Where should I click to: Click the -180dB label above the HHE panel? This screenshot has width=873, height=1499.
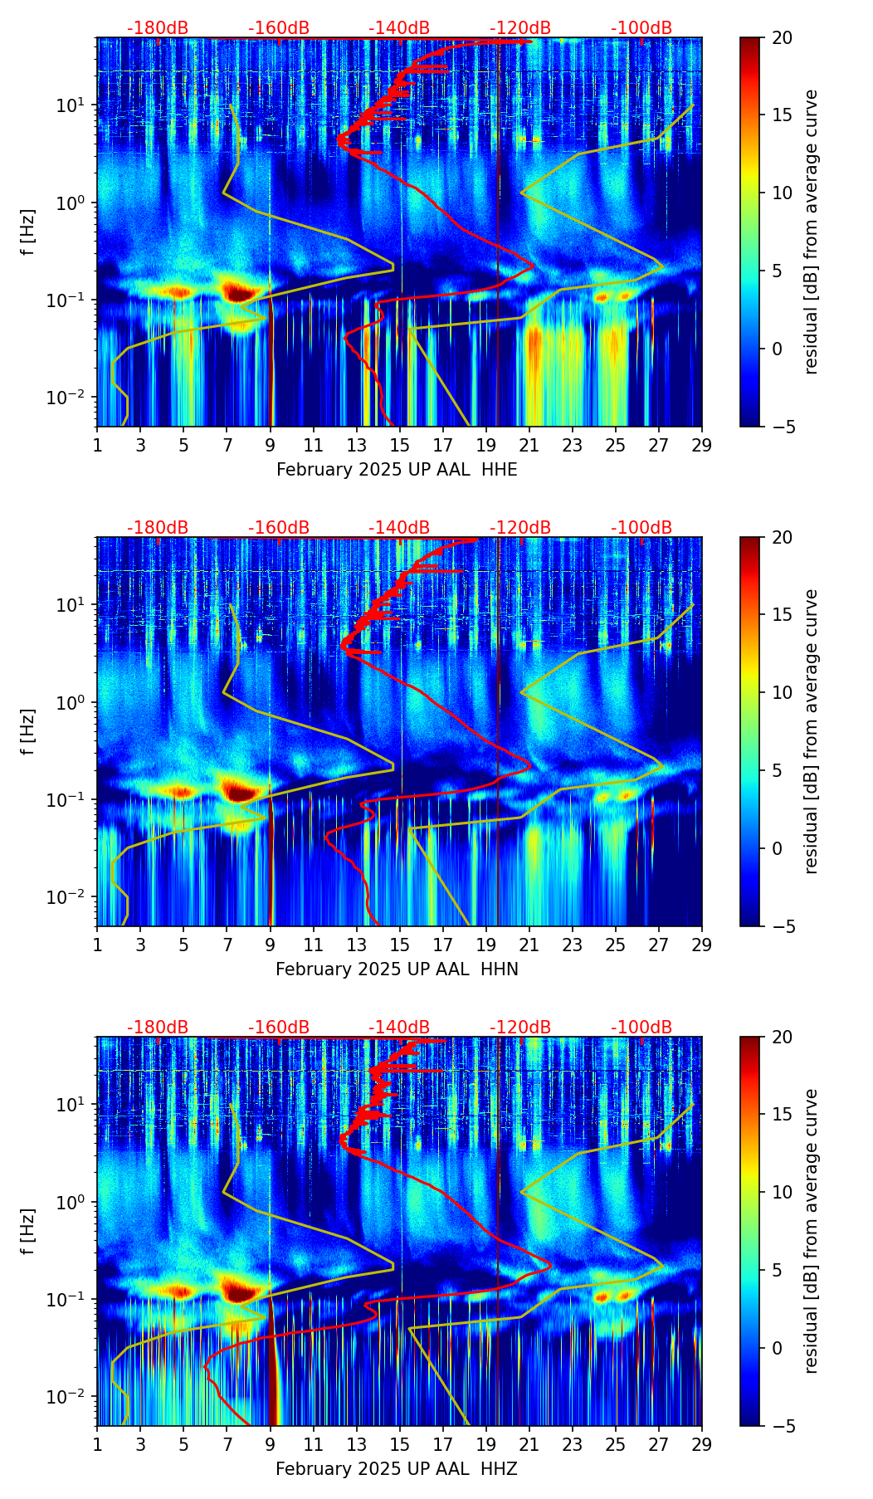(x=158, y=28)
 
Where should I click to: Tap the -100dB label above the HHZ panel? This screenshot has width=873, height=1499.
(x=641, y=1028)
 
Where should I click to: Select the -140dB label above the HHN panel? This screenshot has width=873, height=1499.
(x=399, y=528)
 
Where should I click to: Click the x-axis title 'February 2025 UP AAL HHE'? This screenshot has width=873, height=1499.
(x=397, y=470)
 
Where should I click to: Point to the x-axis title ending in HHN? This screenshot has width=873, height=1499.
(x=397, y=969)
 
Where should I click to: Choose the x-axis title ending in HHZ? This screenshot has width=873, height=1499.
(x=397, y=1469)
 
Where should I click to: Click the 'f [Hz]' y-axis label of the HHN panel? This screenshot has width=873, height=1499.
(x=28, y=731)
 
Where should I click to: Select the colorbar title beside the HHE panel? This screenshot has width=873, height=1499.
(x=812, y=232)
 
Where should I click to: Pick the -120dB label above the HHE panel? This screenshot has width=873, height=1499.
(x=520, y=28)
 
